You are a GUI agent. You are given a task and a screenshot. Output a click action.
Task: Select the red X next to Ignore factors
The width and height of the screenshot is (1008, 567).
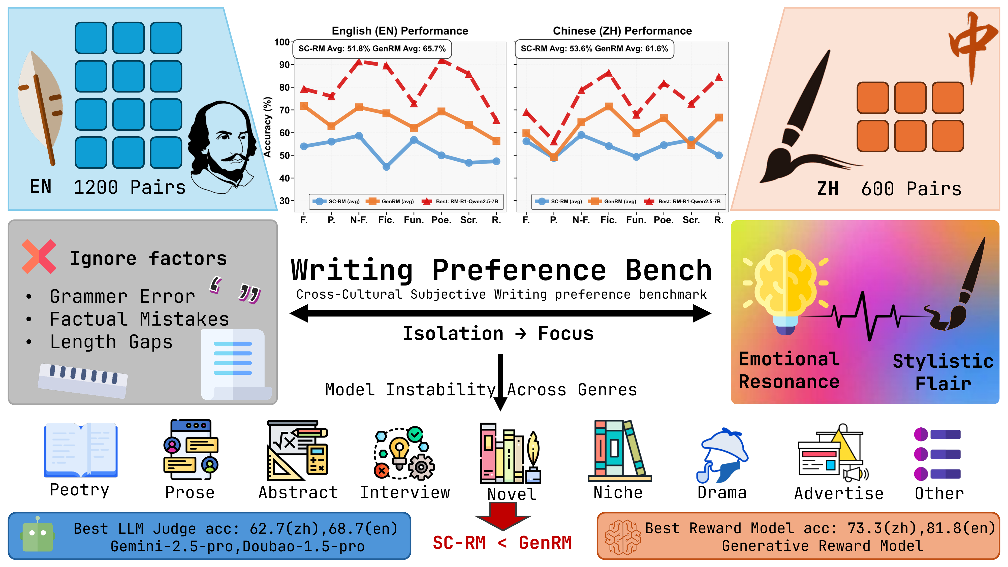click(x=39, y=256)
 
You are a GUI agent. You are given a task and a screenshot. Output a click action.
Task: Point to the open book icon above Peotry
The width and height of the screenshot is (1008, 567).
click(x=81, y=450)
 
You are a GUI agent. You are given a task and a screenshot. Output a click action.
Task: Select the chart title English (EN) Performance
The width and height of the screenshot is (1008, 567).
click(x=400, y=31)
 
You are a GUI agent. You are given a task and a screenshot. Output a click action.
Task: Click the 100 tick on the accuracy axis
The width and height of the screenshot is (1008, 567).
click(x=282, y=42)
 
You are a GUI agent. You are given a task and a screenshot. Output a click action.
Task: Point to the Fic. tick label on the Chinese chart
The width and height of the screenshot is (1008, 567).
click(x=609, y=220)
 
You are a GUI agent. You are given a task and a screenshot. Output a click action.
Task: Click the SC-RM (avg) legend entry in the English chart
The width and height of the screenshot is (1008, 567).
click(x=336, y=202)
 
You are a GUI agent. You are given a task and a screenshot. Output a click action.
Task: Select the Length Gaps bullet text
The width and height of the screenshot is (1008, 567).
click(x=111, y=342)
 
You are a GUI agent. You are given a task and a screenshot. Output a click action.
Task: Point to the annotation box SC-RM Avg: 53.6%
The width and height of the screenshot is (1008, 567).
click(x=594, y=49)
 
